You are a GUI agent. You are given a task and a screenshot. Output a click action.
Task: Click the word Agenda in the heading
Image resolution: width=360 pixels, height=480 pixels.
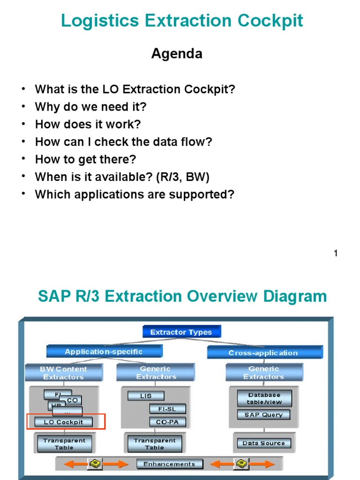pyautogui.click(x=177, y=54)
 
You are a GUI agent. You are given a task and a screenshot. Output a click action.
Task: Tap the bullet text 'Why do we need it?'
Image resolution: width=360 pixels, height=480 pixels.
pyautogui.click(x=90, y=107)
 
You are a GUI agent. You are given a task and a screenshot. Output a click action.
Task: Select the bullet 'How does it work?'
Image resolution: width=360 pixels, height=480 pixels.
pyautogui.click(x=88, y=124)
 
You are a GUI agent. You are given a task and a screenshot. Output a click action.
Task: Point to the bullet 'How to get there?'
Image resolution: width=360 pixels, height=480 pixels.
pyautogui.click(x=85, y=159)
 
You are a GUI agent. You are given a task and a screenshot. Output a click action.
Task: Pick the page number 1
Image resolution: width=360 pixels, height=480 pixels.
pyautogui.click(x=336, y=254)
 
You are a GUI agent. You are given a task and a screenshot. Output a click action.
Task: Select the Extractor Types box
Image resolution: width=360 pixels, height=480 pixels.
pyautogui.click(x=181, y=332)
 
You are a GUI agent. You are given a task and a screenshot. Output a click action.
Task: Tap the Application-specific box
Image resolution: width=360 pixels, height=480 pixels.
pyautogui.click(x=104, y=352)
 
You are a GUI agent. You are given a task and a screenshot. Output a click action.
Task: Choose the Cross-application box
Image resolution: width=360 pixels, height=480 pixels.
pyautogui.click(x=264, y=352)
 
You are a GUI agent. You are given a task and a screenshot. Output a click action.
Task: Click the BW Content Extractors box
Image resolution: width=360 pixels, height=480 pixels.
pyautogui.click(x=63, y=373)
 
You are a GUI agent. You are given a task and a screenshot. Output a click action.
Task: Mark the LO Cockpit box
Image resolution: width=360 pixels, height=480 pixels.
pyautogui.click(x=63, y=422)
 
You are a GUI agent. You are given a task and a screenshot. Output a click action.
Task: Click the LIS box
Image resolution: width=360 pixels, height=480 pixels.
pyautogui.click(x=146, y=396)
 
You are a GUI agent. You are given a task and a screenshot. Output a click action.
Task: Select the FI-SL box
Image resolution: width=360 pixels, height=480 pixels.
pyautogui.click(x=167, y=409)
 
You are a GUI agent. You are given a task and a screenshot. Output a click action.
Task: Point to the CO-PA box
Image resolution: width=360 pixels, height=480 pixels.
pyautogui.click(x=167, y=422)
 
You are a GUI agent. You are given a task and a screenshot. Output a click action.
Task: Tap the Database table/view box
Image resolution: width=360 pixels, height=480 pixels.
pyautogui.click(x=264, y=398)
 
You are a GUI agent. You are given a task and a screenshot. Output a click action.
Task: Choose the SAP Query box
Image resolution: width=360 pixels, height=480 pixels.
pyautogui.click(x=263, y=415)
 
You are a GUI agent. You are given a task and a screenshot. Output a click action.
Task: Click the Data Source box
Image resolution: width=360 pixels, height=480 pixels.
pyautogui.click(x=263, y=443)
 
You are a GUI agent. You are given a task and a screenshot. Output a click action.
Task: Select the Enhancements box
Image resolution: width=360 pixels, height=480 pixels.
pyautogui.click(x=169, y=464)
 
